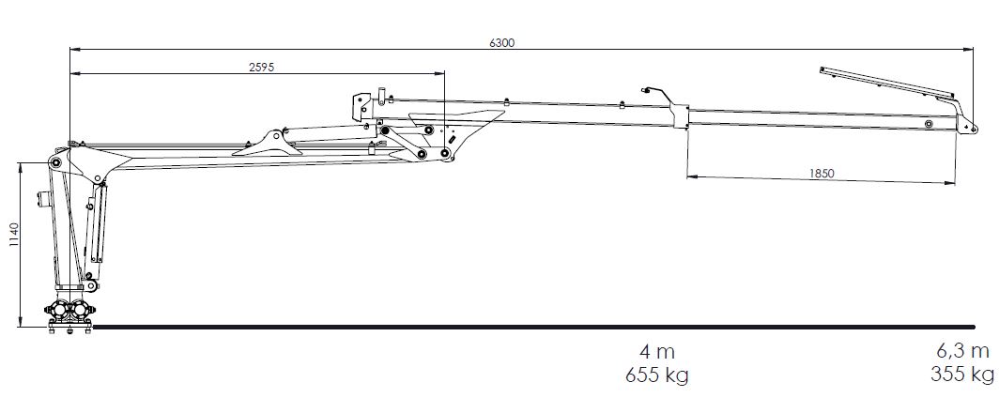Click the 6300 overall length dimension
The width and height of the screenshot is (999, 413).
click(x=501, y=42)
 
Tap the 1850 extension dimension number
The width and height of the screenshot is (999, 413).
click(x=822, y=173)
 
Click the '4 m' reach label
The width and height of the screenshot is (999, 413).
click(x=657, y=351)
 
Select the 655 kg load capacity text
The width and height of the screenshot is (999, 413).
click(x=657, y=375)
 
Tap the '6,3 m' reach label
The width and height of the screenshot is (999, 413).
click(x=962, y=351)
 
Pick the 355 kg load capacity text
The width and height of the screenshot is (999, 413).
click(x=962, y=375)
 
